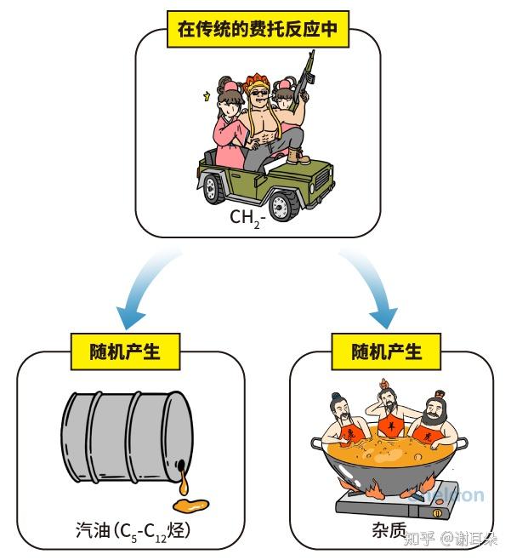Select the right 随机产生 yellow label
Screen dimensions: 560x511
[x=387, y=350]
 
